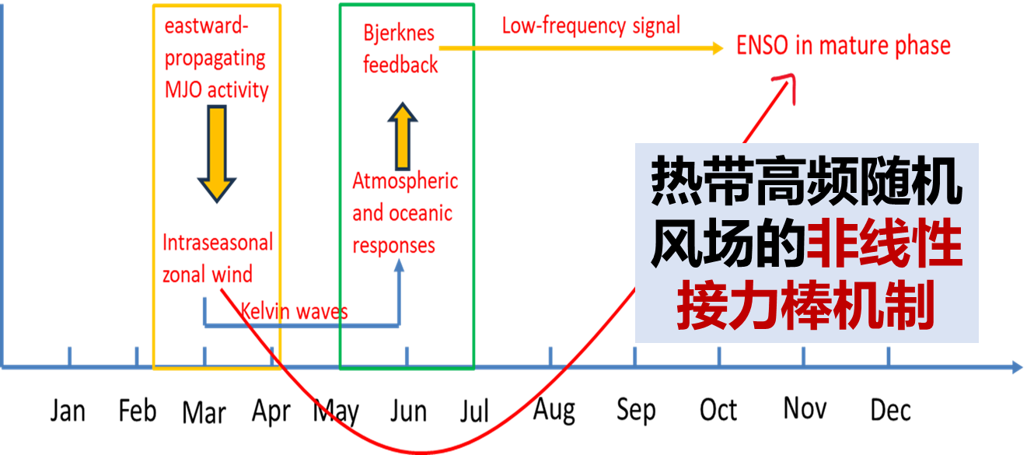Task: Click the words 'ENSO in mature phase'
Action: pyautogui.click(x=844, y=46)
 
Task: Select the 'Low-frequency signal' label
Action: pyautogui.click(x=591, y=26)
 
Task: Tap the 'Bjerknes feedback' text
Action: pyautogui.click(x=400, y=49)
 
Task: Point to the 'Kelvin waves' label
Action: pyautogui.click(x=294, y=312)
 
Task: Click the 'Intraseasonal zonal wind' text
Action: pyautogui.click(x=218, y=258)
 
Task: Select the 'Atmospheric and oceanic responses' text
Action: pyautogui.click(x=404, y=213)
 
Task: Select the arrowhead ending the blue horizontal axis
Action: pyautogui.click(x=1017, y=366)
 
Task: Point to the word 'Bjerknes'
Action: pyautogui.click(x=399, y=34)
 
